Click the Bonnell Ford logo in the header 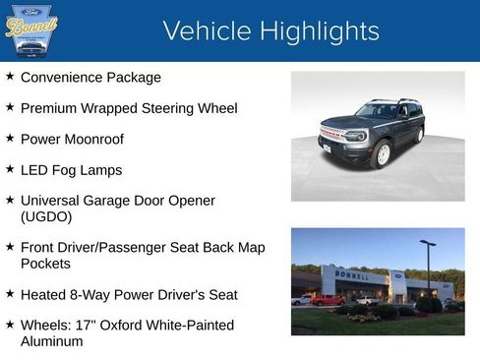click(x=31, y=31)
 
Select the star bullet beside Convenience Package click(x=10, y=76)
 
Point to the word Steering click(x=165, y=108)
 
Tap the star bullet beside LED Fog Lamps click(x=10, y=169)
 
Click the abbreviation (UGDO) click(x=46, y=216)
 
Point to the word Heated click(x=46, y=294)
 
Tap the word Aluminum click(x=52, y=341)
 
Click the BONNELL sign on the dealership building click(x=353, y=275)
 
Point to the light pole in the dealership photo click(x=428, y=268)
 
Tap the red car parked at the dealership click(x=327, y=300)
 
